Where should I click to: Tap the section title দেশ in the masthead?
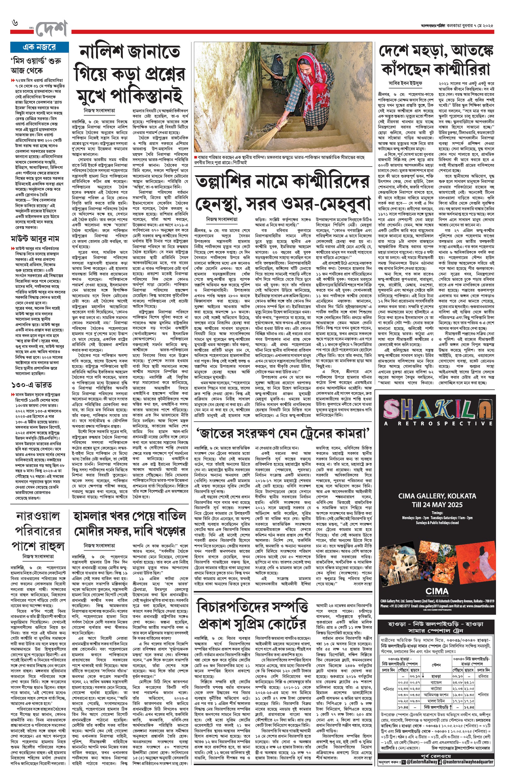pos(52,29)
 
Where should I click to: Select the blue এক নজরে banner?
pos(39,47)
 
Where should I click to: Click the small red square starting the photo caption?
pos(195,157)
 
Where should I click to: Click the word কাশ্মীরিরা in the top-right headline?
pos(462,69)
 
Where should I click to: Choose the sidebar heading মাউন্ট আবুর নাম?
pos(35,238)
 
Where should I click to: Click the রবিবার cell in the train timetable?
pos(483,676)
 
